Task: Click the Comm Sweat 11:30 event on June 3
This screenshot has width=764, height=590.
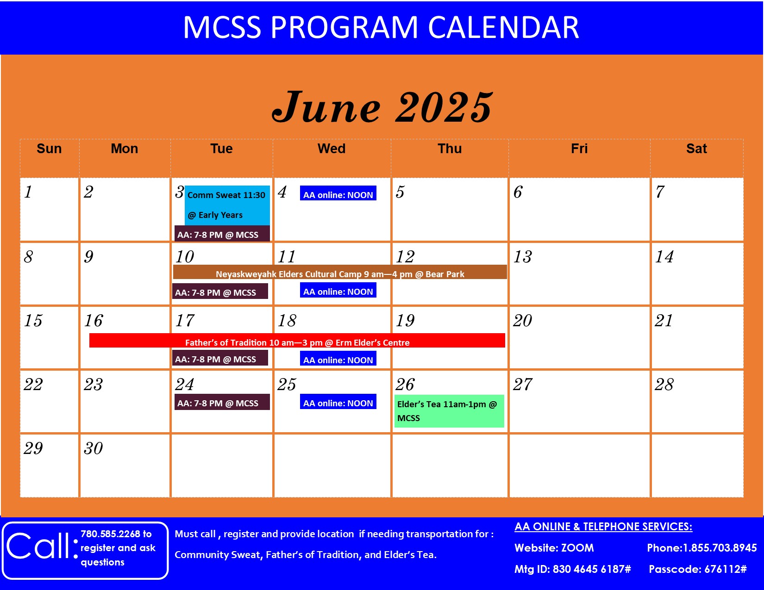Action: coord(227,205)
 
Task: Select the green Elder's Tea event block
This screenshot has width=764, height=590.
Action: coord(449,411)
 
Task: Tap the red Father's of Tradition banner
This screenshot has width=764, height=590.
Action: coord(297,340)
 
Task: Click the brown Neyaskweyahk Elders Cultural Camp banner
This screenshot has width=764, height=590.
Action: coord(340,272)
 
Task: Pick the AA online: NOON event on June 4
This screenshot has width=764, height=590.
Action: coord(338,193)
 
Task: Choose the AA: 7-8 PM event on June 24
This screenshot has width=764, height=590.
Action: coord(222,402)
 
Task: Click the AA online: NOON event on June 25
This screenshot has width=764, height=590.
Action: coord(338,401)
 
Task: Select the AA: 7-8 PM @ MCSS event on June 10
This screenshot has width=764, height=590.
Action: coord(220,291)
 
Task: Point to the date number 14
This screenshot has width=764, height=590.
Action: coord(664,256)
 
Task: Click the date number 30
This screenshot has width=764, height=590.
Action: coord(93,448)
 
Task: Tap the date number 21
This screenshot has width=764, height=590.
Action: coord(664,321)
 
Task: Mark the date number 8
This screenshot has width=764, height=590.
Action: coord(29,256)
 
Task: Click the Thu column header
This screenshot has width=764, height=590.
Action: coord(450,149)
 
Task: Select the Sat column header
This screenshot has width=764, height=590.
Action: coord(696,149)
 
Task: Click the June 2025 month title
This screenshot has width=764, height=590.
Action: coord(382,107)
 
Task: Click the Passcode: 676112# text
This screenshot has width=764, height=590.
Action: coord(697,569)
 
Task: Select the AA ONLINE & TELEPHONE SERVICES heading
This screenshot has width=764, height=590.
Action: coord(603,527)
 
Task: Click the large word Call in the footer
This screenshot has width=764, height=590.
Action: coord(39,546)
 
